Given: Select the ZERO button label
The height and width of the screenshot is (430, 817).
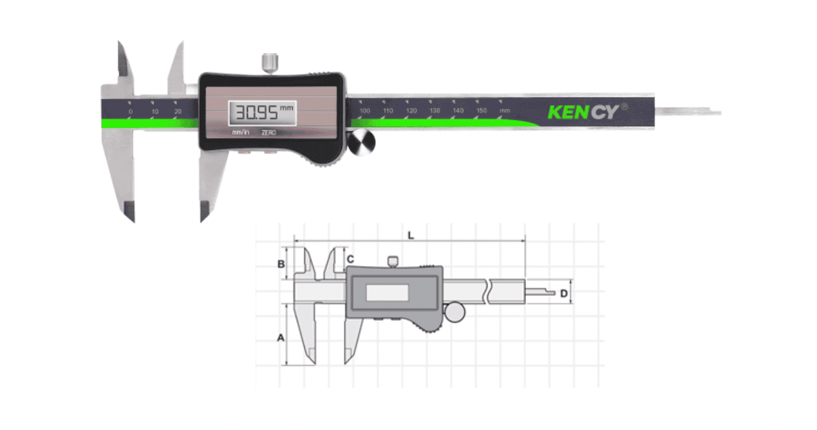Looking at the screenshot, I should (x=269, y=132).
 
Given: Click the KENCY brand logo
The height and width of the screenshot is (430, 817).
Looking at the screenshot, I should (x=582, y=112).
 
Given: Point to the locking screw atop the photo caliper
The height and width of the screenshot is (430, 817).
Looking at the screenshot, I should (x=269, y=62).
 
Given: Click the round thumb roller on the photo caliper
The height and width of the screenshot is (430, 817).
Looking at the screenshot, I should (x=362, y=142).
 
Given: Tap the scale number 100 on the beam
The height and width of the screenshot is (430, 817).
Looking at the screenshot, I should (x=365, y=110).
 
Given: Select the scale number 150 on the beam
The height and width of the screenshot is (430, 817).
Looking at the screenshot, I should (x=481, y=110).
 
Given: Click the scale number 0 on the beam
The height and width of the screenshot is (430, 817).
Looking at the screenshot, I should (x=130, y=111).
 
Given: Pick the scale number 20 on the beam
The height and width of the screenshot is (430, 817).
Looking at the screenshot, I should (x=178, y=111).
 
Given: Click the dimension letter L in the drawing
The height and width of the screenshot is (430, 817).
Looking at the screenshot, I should (x=410, y=235).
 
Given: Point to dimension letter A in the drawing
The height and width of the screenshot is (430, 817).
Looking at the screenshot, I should (x=280, y=337).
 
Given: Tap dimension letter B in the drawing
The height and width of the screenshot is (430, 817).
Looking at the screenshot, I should (x=280, y=264).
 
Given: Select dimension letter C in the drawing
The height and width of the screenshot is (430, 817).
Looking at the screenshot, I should (x=350, y=258).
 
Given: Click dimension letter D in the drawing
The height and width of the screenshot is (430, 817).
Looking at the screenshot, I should (x=563, y=293).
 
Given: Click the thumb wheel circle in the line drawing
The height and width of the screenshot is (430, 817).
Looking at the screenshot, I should (x=455, y=311).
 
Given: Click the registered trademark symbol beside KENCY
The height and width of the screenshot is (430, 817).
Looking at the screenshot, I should (x=624, y=106).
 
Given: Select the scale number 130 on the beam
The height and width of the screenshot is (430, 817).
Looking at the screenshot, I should (x=435, y=110).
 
